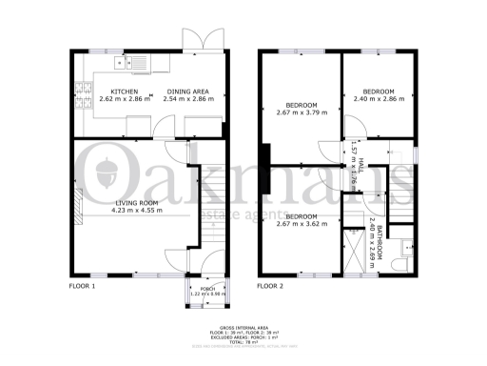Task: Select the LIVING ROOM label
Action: pos(135,203)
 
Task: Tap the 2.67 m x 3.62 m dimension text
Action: pos(301,223)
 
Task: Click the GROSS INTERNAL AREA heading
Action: pos(243,327)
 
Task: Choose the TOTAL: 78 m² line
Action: pos(243,341)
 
